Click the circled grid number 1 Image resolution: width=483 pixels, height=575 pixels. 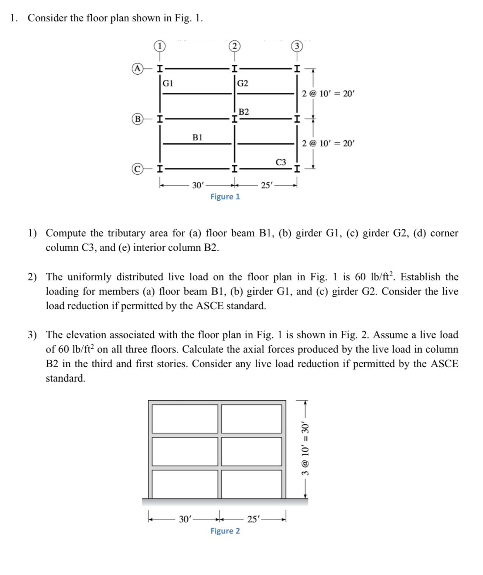point(159,46)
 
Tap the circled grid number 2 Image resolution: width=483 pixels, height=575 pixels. point(234,46)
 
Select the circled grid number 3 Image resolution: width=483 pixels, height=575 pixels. point(297,46)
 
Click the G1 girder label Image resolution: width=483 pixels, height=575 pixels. point(168,83)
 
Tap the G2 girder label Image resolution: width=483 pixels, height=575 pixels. point(242,83)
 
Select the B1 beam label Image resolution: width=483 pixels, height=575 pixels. point(197,137)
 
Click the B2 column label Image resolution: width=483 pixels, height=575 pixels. point(244,112)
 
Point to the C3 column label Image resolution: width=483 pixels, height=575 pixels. point(281,162)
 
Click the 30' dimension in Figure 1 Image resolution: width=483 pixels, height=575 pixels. point(198,185)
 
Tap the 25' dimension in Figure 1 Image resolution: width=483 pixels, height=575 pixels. point(267,185)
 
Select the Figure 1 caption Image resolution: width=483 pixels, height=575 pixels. point(225,196)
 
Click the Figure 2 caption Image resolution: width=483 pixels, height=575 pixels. point(225,531)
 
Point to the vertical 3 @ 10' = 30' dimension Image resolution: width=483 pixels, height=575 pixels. point(305,449)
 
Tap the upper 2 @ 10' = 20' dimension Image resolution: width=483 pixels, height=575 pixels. point(328,93)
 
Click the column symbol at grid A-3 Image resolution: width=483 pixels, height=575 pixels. point(297,69)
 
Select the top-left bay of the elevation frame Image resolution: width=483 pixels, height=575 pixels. point(185,419)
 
